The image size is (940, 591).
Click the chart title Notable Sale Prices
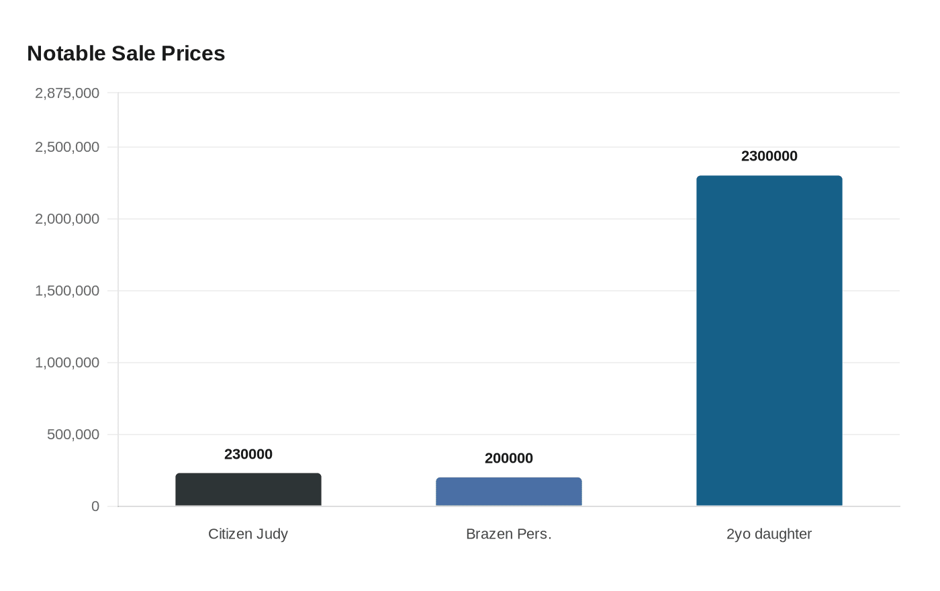pos(126,54)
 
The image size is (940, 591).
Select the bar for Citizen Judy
pos(248,490)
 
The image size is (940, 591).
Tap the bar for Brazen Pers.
pos(509,492)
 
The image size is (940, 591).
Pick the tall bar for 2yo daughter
pos(769,340)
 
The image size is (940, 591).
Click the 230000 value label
pos(248,455)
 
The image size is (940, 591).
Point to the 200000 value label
pos(509,459)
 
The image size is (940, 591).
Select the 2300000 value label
pos(769,156)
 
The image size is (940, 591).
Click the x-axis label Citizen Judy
pos(248,534)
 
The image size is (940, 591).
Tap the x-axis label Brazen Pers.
pos(509,534)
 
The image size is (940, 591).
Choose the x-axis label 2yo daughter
pos(769,534)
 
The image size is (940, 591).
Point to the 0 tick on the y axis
pos(95,506)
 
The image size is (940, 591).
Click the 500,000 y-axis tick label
pos(73,435)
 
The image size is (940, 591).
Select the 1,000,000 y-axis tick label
pos(67,363)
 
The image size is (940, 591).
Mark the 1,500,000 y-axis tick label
pos(67,291)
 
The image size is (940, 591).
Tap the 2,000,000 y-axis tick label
pos(67,219)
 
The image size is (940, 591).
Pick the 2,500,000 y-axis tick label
pos(67,147)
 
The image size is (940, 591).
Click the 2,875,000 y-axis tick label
pos(67,93)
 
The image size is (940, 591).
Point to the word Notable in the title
pos(66,54)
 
